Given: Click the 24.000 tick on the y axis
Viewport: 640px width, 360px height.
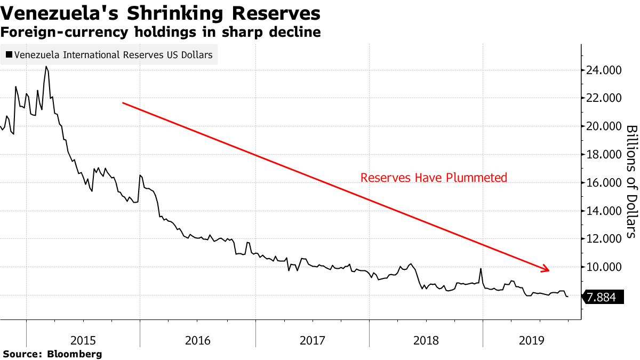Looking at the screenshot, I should coord(604,70).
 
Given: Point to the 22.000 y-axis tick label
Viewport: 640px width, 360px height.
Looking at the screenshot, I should coord(604,98).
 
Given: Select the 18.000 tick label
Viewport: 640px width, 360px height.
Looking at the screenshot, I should coord(604,154).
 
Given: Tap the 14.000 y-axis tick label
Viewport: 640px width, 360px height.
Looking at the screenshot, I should coord(604,211).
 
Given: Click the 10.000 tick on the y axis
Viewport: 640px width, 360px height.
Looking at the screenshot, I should coord(604,267).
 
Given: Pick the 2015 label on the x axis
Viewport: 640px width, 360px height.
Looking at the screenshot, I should coord(83,340).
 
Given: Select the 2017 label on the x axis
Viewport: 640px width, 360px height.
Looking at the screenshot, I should coord(311,340).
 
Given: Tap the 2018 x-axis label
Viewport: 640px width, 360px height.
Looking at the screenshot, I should coord(426,340).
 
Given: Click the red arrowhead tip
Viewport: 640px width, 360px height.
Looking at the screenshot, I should coord(549,270).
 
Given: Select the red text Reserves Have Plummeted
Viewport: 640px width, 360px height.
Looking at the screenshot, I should coord(434,178).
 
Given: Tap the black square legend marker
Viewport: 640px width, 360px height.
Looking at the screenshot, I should coord(9,54).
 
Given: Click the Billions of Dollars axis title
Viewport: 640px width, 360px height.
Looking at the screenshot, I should coord(631,181).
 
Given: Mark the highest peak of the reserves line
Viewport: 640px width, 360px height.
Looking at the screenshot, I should coord(46,67).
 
